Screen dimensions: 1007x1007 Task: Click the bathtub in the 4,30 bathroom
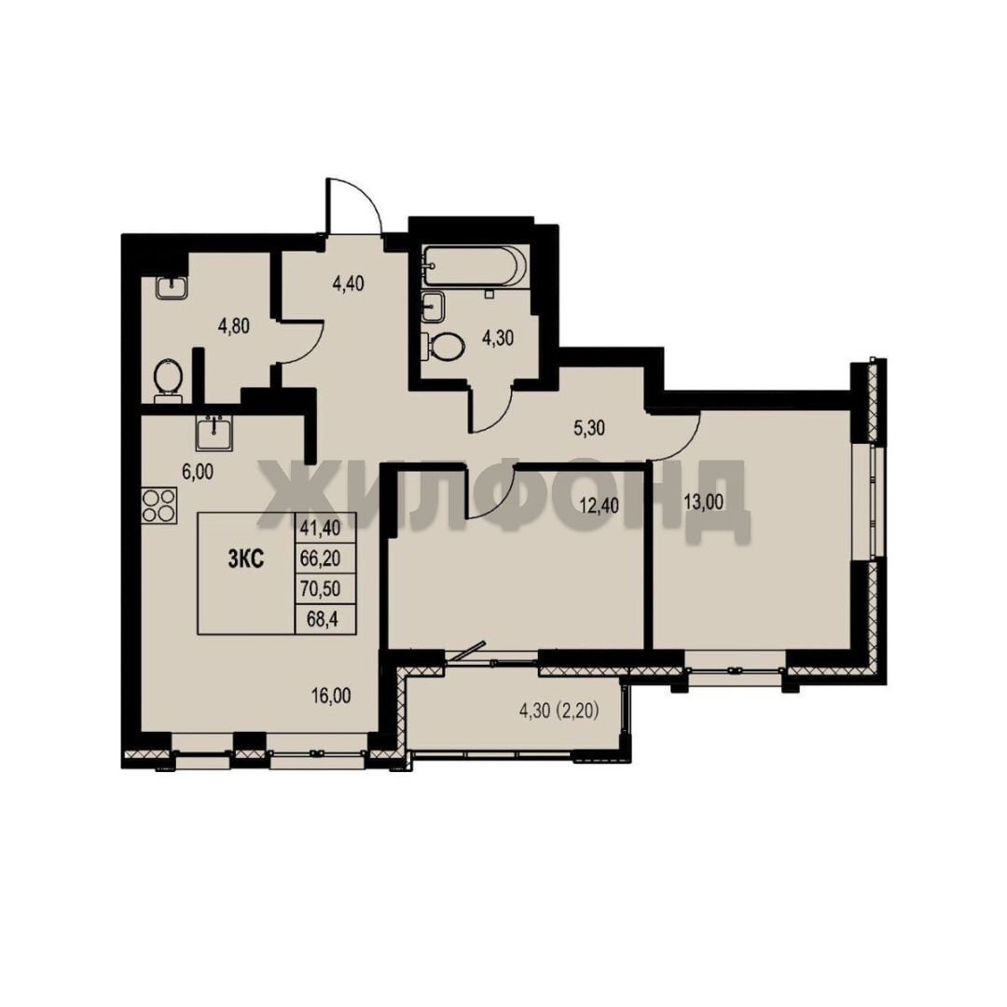click(x=475, y=266)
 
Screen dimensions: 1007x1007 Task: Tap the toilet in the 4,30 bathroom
click(x=443, y=347)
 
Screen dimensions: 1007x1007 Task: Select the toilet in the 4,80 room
click(x=168, y=378)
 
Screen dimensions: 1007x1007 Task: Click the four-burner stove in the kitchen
click(x=159, y=505)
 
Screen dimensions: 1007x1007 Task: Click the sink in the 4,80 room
click(x=172, y=287)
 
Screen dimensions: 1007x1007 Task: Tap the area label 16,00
click(x=331, y=696)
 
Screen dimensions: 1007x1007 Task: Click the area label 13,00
click(x=703, y=502)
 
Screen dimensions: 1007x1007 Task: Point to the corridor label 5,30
click(x=589, y=428)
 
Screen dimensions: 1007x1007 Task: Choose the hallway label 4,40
click(x=348, y=283)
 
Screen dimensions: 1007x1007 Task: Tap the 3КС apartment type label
click(x=246, y=559)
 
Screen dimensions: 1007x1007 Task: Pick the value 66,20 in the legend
click(x=320, y=559)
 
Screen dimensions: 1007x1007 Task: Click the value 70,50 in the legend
click(x=320, y=588)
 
